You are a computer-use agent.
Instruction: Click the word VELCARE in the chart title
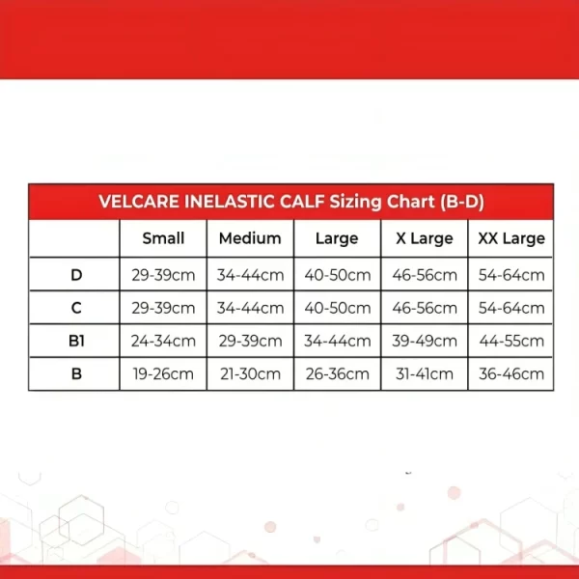point(139,202)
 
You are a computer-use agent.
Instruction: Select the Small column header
point(163,238)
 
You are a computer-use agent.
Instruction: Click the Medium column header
point(250,238)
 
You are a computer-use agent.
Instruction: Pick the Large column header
point(337,238)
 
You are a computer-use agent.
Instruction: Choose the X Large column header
point(425,238)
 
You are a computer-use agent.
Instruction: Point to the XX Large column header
point(511,238)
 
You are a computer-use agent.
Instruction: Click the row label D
point(76,275)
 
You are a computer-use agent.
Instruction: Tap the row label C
point(76,308)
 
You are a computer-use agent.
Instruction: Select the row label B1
point(76,341)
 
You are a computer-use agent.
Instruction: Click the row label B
point(76,373)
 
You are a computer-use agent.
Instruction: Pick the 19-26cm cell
point(163,374)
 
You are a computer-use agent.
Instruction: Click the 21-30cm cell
point(250,374)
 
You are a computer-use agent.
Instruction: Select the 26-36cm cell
point(337,374)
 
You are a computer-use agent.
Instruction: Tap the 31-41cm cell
point(425,374)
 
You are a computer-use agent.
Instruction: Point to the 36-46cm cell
point(511,374)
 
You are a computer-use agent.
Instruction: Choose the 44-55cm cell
point(511,341)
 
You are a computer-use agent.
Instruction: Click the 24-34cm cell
point(163,341)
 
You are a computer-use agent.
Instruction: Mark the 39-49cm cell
point(425,341)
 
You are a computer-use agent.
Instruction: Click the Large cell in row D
point(337,275)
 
